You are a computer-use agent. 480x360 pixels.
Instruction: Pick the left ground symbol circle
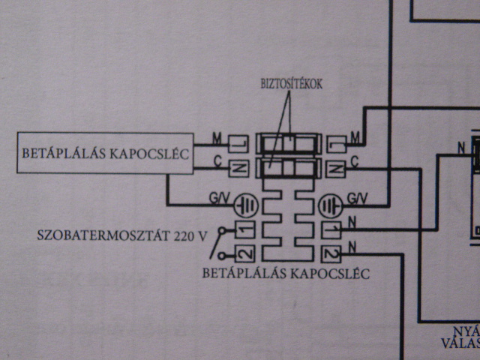(245, 203)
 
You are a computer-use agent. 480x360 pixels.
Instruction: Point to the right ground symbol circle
(331, 203)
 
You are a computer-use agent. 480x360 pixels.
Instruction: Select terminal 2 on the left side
(244, 253)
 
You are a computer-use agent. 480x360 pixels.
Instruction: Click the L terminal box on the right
(337, 142)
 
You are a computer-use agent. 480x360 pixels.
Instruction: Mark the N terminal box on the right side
(337, 167)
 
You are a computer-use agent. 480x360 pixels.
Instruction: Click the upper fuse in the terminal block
(289, 142)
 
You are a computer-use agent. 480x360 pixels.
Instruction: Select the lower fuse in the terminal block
(289, 166)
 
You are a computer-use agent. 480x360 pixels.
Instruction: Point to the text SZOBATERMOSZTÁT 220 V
(122, 235)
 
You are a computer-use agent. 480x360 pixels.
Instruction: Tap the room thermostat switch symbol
(218, 242)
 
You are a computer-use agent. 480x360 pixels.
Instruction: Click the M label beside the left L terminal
(216, 138)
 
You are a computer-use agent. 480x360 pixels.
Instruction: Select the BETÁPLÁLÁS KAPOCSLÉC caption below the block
(286, 273)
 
